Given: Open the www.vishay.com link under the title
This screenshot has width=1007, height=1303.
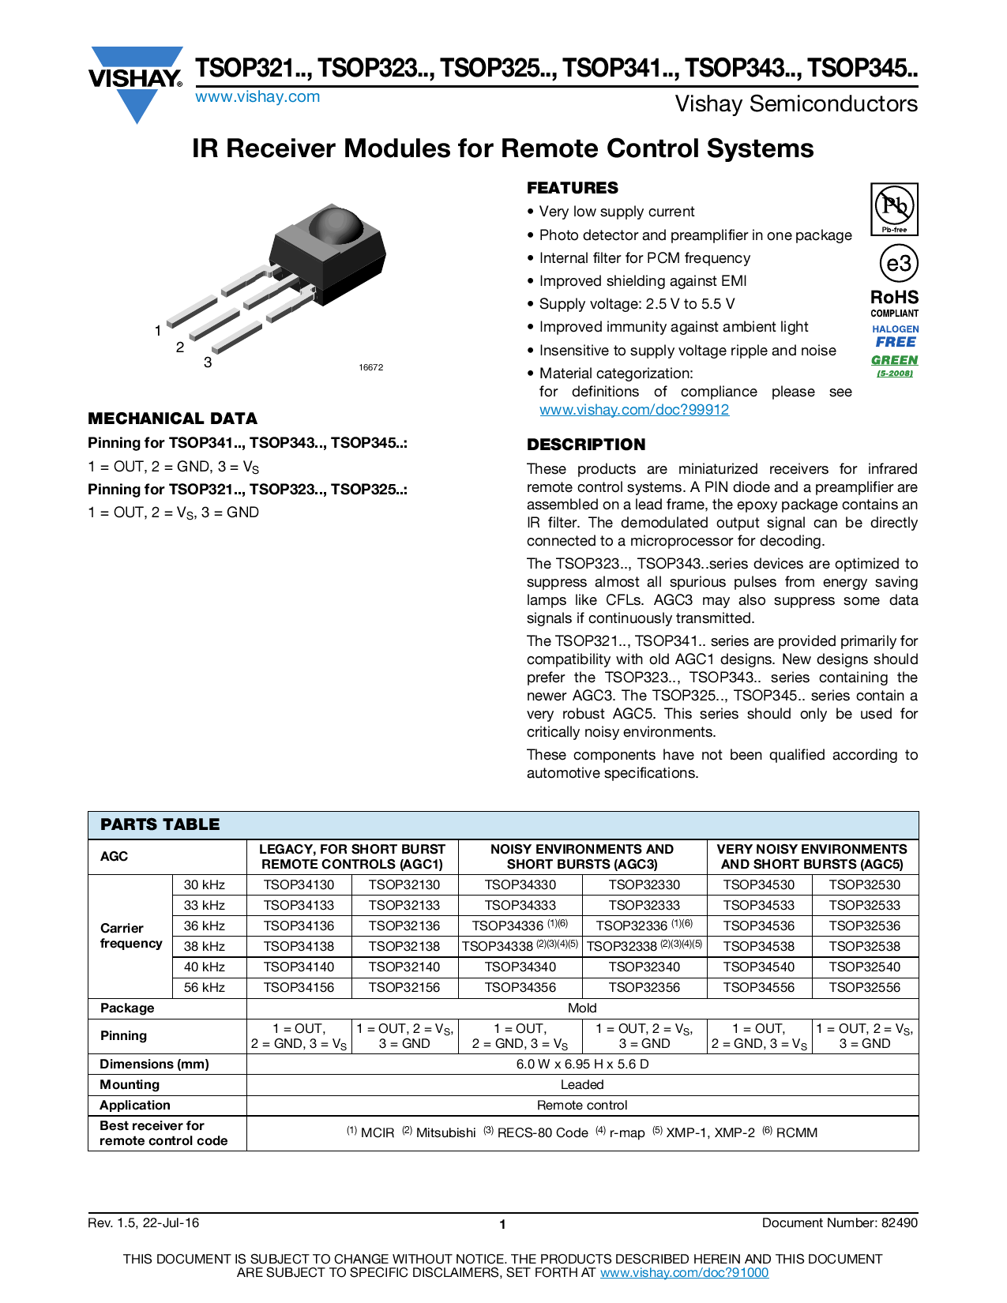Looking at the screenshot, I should (x=257, y=97).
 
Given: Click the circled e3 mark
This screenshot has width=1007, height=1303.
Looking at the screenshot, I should (x=898, y=264).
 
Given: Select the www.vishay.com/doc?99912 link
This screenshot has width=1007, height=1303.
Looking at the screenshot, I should (x=633, y=410).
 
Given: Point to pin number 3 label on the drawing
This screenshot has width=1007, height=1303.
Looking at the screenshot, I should (x=208, y=362).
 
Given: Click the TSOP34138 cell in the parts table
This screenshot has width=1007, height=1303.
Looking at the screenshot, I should (x=299, y=946).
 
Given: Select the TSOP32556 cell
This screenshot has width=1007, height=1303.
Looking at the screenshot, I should (x=865, y=987).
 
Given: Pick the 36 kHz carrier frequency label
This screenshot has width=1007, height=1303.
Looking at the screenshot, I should (x=205, y=926).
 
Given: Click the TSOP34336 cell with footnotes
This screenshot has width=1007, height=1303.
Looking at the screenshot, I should (x=520, y=926).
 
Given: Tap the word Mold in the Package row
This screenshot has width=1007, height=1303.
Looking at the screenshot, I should (x=582, y=1008).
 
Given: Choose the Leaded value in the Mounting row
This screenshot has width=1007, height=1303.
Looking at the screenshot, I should (x=582, y=1085).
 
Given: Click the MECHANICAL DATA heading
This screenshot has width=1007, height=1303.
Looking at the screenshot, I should (x=172, y=419).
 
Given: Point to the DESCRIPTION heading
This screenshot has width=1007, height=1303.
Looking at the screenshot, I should (x=586, y=445).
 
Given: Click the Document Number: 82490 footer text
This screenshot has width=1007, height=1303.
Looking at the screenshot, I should (x=840, y=1222).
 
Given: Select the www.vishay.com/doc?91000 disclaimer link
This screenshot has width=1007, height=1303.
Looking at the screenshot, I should (x=684, y=1272).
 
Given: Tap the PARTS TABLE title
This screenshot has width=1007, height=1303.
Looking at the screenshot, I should (x=160, y=824).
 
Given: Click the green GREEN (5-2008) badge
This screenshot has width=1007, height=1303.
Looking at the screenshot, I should (x=895, y=364).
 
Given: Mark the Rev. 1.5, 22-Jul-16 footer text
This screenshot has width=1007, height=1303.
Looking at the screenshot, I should (x=143, y=1222).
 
